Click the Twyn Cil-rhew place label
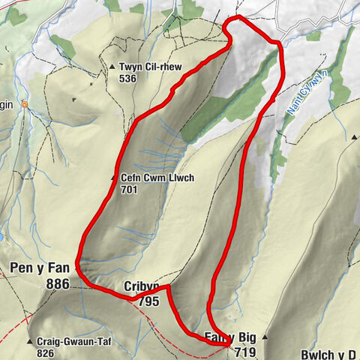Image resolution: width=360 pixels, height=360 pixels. click(x=151, y=66)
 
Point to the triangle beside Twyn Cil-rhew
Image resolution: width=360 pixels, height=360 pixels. click(x=112, y=66)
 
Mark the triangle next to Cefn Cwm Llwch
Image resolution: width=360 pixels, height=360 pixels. click(x=113, y=178)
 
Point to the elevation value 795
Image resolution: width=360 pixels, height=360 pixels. click(x=148, y=301)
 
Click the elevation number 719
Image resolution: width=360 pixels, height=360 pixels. click(x=244, y=351)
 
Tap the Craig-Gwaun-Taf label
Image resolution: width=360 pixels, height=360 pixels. click(x=73, y=341)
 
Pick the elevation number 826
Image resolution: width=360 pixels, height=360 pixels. click(x=46, y=352)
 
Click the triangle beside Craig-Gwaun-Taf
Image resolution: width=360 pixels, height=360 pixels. click(x=29, y=342)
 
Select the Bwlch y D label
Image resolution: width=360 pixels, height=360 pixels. click(x=326, y=353)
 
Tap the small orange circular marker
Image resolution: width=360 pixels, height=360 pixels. click(x=25, y=104)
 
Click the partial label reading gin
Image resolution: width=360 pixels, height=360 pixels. click(x=7, y=105)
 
